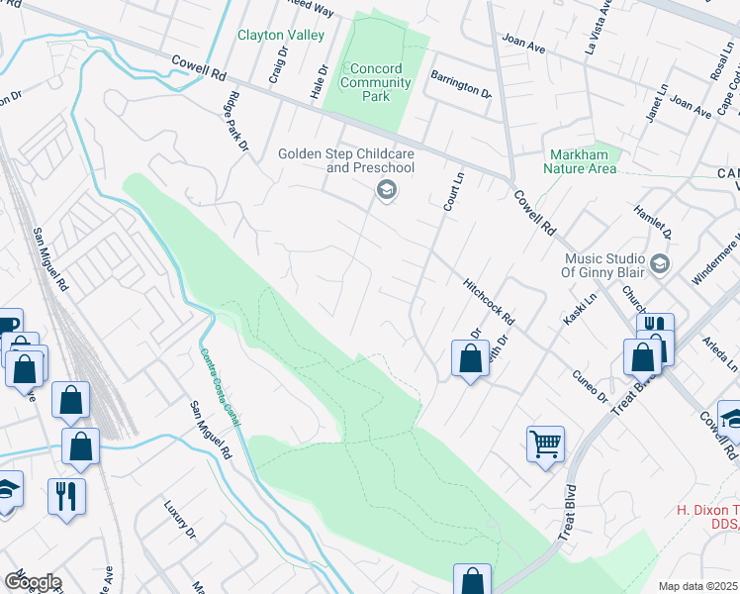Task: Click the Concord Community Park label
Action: (375, 75)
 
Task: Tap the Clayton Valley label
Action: (280, 36)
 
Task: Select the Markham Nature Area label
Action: (584, 161)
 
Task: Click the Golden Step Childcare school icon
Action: (387, 190)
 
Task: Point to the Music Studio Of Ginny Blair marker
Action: (660, 264)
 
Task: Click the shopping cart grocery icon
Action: (545, 445)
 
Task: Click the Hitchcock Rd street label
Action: (490, 301)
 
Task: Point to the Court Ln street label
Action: (453, 188)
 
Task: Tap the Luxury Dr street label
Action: (184, 515)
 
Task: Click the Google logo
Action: (32, 581)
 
